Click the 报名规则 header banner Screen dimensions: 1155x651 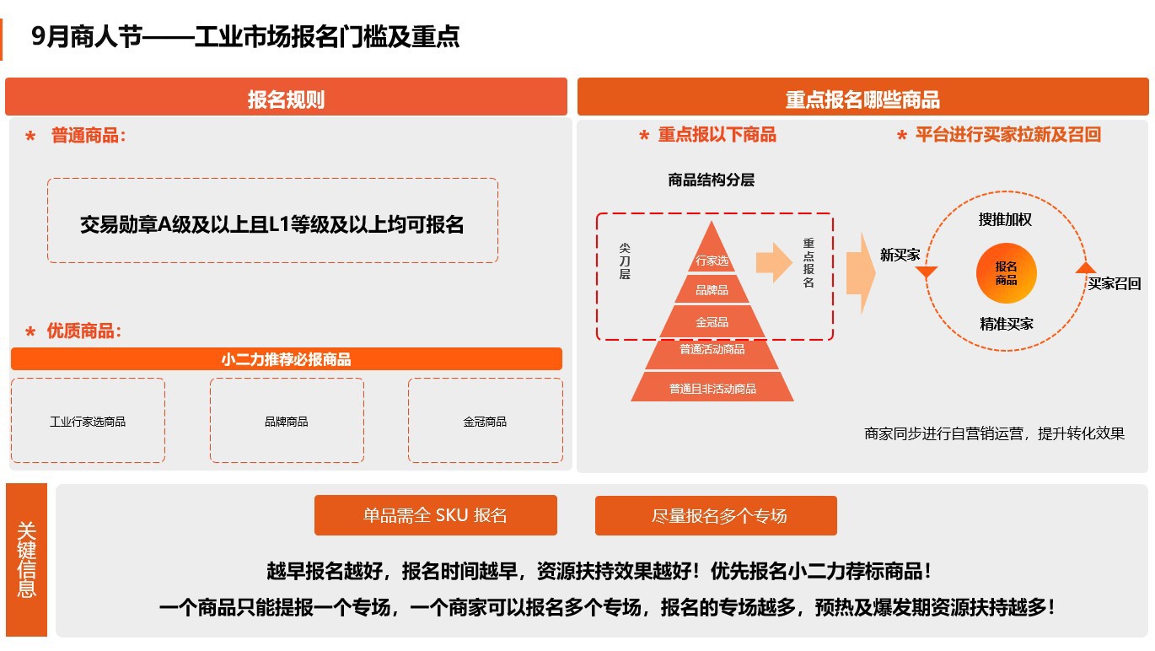click(x=286, y=96)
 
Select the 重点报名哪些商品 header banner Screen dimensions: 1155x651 click(x=862, y=96)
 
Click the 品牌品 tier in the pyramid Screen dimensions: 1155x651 click(x=712, y=289)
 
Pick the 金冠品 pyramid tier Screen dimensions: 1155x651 click(x=712, y=322)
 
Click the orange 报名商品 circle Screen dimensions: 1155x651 click(x=1006, y=273)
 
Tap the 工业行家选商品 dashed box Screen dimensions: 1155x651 click(x=89, y=421)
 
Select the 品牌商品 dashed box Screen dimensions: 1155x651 click(x=287, y=421)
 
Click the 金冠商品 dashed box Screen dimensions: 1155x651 click(x=486, y=421)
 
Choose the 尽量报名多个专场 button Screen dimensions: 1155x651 click(x=716, y=515)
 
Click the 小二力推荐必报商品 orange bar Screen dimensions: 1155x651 click(x=286, y=359)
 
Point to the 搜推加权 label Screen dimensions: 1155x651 click(x=1005, y=220)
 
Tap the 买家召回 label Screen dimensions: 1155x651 click(x=1114, y=283)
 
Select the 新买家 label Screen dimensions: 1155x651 click(x=900, y=255)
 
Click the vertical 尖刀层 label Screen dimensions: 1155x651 click(x=625, y=261)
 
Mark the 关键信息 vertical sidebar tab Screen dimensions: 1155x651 click(x=26, y=560)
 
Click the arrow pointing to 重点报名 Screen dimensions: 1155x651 click(x=774, y=262)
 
